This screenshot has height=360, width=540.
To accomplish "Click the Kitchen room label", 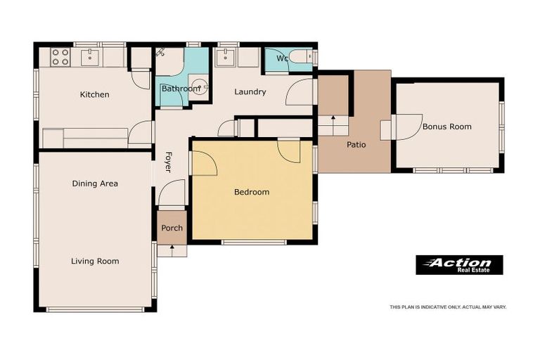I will (x=94, y=95).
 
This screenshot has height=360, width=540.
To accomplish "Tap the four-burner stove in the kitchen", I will (x=60, y=57).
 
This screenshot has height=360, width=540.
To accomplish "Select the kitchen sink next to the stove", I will (x=91, y=56).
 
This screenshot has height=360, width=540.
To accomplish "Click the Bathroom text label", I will (x=180, y=89).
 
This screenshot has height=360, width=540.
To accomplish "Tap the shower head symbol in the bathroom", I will (x=161, y=52).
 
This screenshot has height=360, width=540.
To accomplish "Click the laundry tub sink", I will (x=226, y=56).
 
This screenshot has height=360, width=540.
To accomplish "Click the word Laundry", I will (x=250, y=92).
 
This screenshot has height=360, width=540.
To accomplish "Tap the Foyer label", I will (x=168, y=162).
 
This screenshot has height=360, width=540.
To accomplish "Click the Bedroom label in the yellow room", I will (x=251, y=192).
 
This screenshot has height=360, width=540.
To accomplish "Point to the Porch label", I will (x=172, y=228).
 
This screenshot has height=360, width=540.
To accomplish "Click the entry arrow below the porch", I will (x=172, y=250).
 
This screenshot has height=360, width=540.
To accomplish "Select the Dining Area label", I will (x=95, y=184).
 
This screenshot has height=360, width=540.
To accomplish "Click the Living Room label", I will (x=95, y=262).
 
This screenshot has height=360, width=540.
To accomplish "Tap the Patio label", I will (x=356, y=145).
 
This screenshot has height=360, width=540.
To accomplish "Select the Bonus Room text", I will (x=446, y=127).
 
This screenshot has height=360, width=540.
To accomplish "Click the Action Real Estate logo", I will (x=459, y=265).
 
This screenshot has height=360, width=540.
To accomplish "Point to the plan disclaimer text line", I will (x=448, y=307).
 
